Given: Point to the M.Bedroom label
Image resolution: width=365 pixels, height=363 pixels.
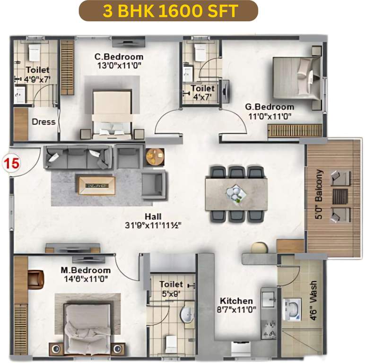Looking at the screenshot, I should point(85,270).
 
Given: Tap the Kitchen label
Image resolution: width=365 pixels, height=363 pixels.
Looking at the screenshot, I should point(236,301).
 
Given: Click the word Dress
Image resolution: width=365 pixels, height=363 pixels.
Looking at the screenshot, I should point(43,121).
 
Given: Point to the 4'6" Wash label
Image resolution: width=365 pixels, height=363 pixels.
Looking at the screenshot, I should point(313,302).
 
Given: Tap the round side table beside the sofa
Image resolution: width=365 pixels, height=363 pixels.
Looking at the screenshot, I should point(154,156).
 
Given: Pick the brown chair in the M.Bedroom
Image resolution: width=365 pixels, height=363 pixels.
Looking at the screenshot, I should point(36,278).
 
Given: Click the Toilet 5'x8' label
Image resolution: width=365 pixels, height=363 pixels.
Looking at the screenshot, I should point(171,288).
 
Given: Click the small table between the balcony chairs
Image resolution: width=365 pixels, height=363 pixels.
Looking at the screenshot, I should point(339,196).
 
